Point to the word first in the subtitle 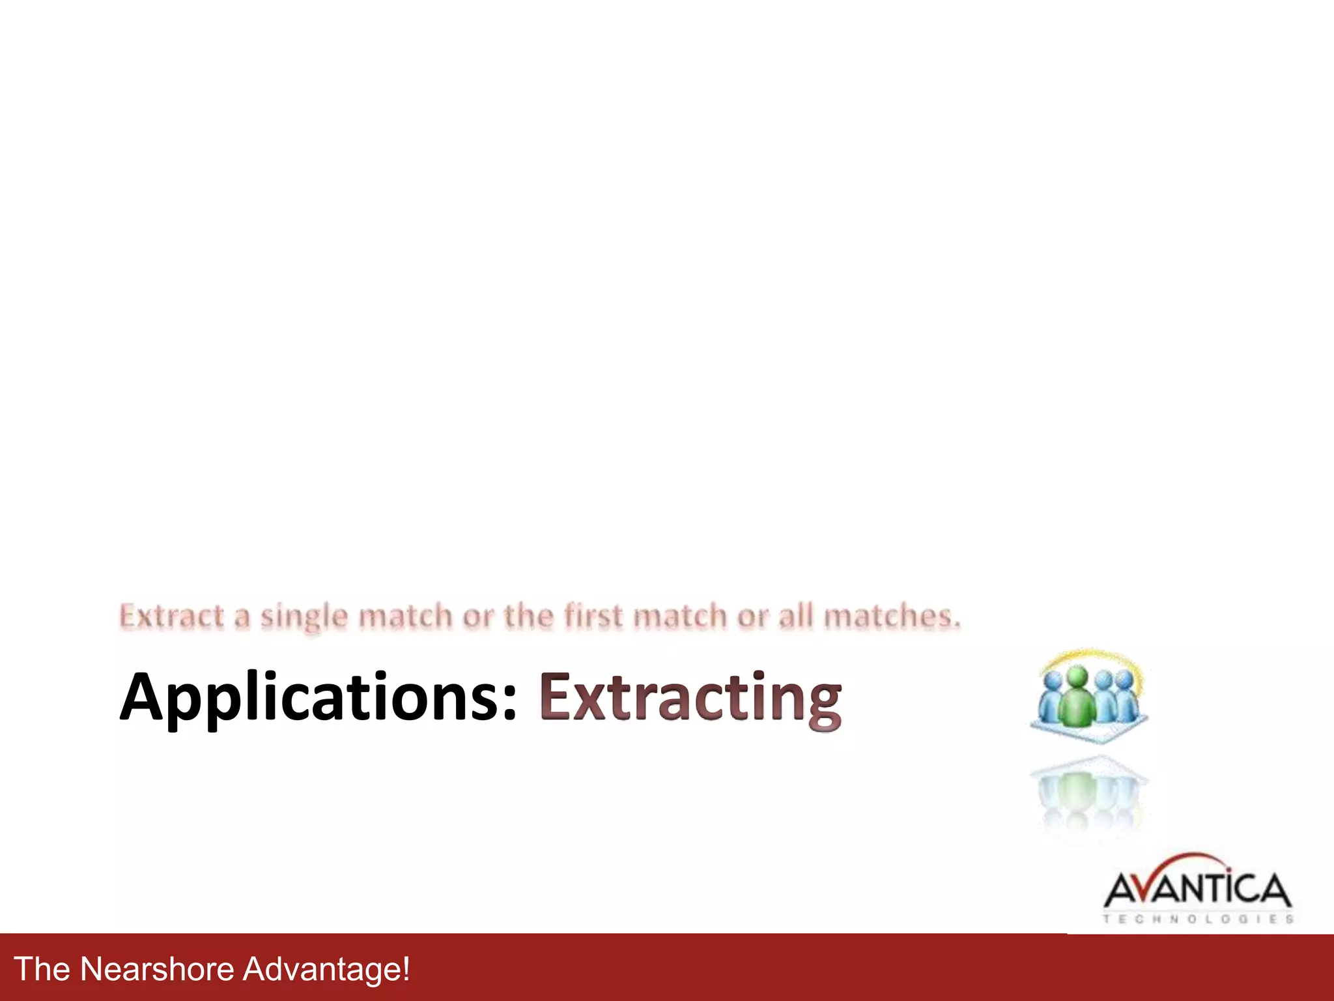point(593,616)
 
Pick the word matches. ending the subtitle point(892,616)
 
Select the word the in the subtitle point(528,616)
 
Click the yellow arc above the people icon point(1094,656)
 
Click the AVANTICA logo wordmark point(1197,890)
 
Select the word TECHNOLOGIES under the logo point(1197,919)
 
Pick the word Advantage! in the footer point(326,968)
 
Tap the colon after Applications point(510,704)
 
